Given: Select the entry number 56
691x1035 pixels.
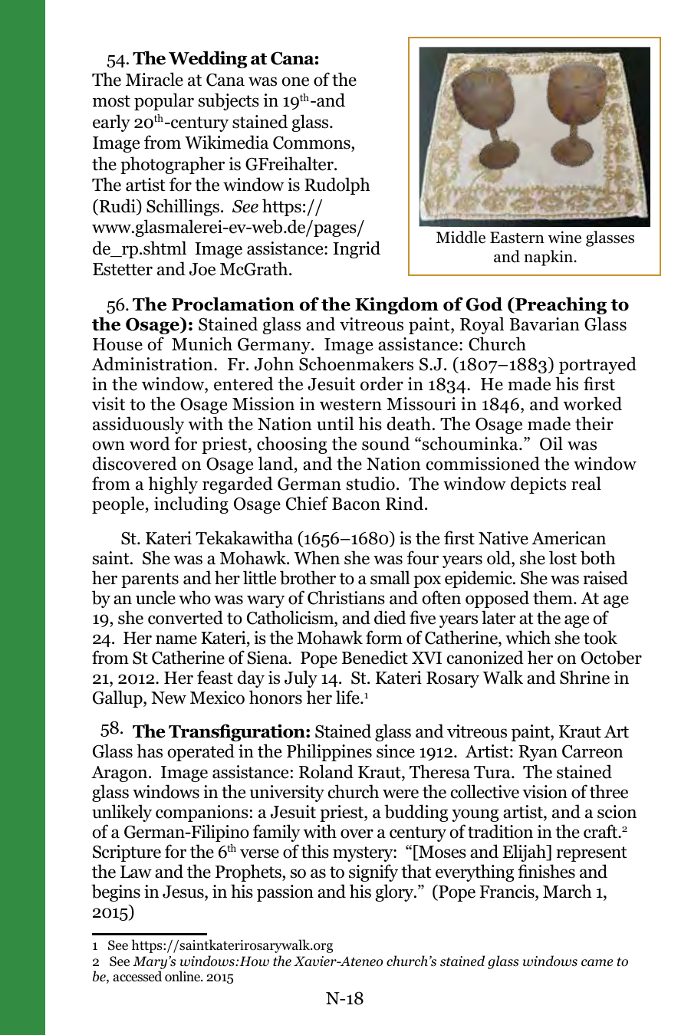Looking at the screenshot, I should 117,306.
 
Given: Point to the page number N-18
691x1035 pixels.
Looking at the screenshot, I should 344,997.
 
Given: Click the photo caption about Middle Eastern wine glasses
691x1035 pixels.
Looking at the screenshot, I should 535,247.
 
